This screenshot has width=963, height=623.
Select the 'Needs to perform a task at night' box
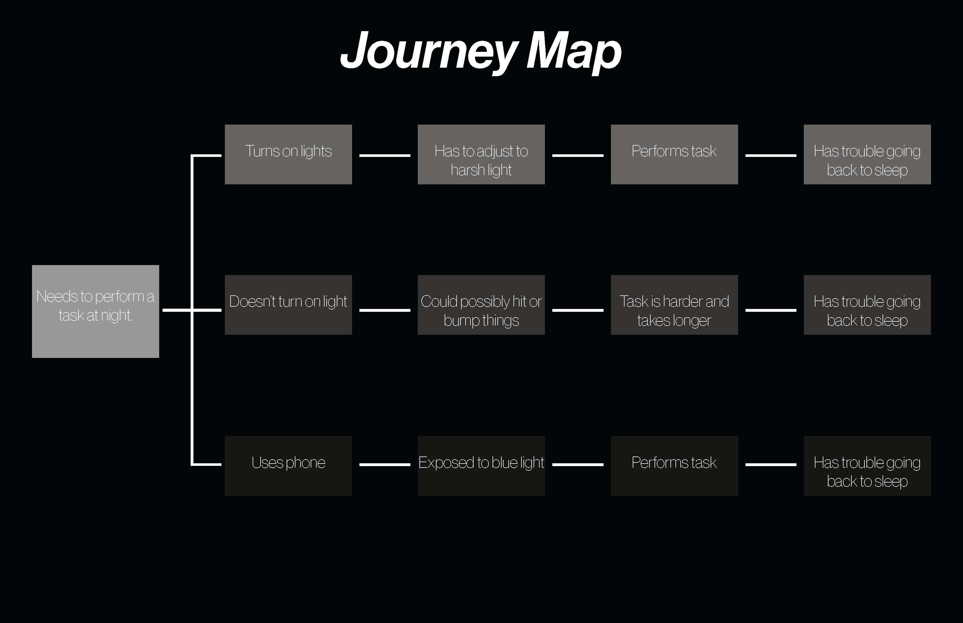tap(95, 311)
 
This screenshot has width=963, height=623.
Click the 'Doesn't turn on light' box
tap(288, 305)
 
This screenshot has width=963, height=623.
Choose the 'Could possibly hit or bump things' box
tap(481, 305)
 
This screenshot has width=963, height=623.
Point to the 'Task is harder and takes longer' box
tap(674, 305)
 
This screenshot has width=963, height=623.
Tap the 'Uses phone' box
tap(288, 466)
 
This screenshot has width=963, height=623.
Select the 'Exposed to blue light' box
tap(481, 466)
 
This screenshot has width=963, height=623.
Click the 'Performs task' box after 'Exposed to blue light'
tap(674, 466)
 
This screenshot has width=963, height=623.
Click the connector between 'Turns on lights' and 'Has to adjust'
tap(385, 155)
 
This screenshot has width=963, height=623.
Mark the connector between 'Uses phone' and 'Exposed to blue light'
tap(385, 465)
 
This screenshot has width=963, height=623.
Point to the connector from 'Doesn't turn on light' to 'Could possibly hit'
tap(385, 310)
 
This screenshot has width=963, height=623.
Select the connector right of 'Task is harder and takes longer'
tap(771, 310)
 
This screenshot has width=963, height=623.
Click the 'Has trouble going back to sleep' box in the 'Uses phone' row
tap(867, 466)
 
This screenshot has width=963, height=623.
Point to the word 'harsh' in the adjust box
tap(467, 170)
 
